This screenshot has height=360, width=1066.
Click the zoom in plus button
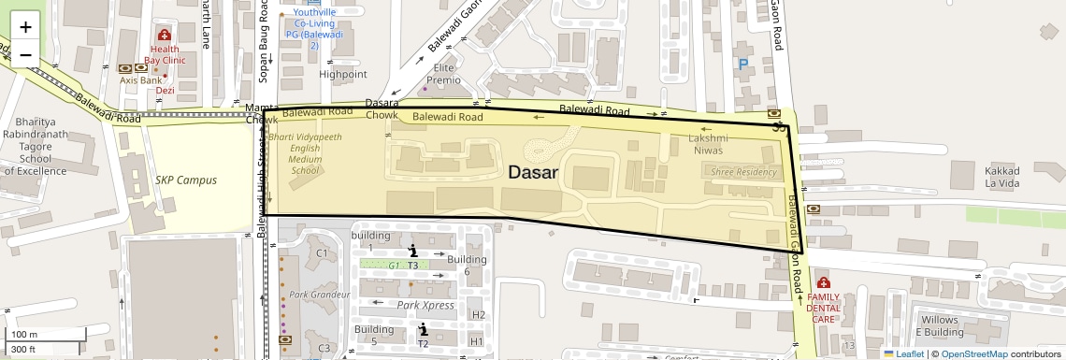[x=25, y=27]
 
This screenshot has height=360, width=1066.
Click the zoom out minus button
[x=25, y=54]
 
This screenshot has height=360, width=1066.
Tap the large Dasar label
[x=533, y=173]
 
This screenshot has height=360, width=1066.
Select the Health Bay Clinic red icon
[x=165, y=36]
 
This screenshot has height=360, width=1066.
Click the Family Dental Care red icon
[x=823, y=282]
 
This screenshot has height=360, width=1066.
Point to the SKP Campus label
[x=185, y=180]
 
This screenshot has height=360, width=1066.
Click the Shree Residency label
[x=744, y=172]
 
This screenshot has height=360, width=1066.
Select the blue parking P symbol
[x=743, y=65]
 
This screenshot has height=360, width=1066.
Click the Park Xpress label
[x=425, y=305]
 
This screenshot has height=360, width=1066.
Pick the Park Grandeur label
[x=319, y=295]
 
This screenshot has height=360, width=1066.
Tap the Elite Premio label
[x=443, y=74]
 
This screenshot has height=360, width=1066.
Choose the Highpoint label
[x=343, y=74]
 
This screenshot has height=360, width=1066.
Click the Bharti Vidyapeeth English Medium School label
[x=305, y=153]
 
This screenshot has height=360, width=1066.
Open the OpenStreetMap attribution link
[x=973, y=354]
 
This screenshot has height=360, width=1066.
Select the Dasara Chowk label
[x=382, y=108]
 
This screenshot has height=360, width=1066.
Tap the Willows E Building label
[x=939, y=325]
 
